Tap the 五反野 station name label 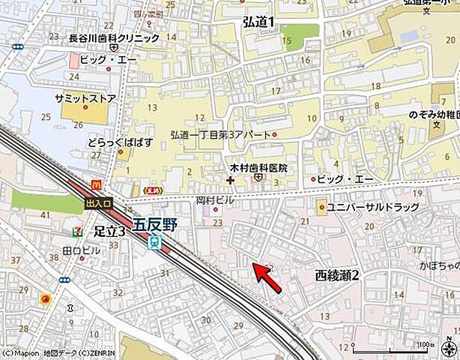coord(157,224)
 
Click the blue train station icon coord(155,241)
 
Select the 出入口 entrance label coord(98,202)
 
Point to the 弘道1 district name coord(258,22)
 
